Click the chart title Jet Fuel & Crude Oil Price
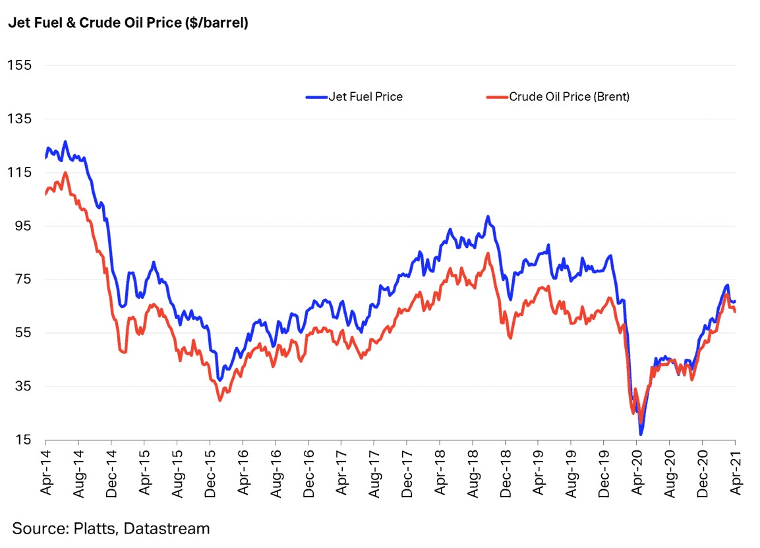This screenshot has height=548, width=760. coord(128,24)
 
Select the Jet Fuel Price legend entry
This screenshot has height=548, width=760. coord(365,97)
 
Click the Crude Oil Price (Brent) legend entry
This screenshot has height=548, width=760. coord(569,97)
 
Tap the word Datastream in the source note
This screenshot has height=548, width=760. coord(167,528)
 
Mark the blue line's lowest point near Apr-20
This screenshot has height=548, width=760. coord(640,434)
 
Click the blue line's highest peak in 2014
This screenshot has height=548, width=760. coord(65,141)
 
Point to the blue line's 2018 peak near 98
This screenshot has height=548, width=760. coord(487,216)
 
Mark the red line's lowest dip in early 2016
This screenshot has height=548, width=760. coord(219,400)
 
